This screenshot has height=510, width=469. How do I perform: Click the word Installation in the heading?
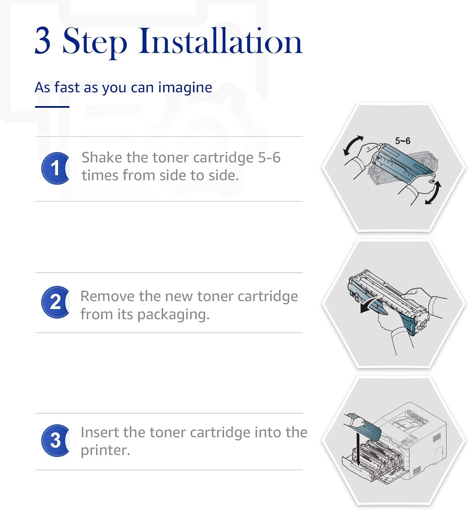(x=220, y=41)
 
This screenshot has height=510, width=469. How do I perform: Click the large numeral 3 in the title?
(x=43, y=41)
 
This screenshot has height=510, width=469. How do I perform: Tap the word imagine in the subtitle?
(x=185, y=88)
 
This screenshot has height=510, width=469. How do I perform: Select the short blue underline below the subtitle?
(x=52, y=107)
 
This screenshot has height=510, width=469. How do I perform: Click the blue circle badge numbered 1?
(x=55, y=168)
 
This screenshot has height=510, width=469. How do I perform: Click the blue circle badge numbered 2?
(x=55, y=302)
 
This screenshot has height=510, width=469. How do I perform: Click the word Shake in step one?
(x=102, y=157)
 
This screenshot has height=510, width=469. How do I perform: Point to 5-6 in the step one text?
(x=269, y=157)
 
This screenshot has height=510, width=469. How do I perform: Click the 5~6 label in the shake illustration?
(x=403, y=141)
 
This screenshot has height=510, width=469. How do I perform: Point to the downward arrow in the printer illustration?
(x=358, y=450)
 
